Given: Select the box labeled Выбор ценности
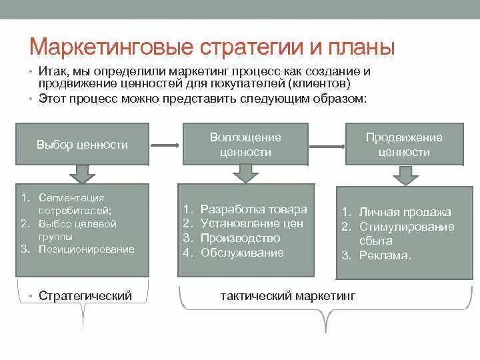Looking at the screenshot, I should pos(82,145).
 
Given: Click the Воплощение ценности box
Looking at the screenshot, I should pos(245,144).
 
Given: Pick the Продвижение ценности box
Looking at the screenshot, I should pos(403,144).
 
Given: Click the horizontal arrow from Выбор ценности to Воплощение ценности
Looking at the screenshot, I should pos(164,145).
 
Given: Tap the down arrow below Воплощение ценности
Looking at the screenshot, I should pos(245,173).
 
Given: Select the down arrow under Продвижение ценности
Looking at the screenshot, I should pos(404,175).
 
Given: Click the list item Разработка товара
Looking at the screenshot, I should pos(253,209).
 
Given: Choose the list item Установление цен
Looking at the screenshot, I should pos(252,223).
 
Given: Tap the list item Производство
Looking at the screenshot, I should pos(240,238).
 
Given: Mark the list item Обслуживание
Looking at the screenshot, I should pos(242,253).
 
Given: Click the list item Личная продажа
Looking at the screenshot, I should pos(405,212).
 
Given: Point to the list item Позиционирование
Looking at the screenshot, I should pos(86,249).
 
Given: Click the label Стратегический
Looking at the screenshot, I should pos(85,295).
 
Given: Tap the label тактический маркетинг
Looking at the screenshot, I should pos(287,295).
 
